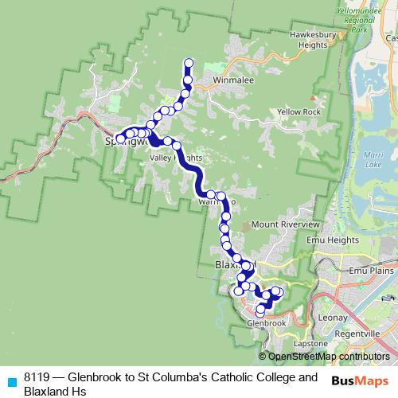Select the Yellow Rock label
[x=298, y=112]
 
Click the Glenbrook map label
[x=266, y=324]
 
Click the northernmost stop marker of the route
[x=189, y=63]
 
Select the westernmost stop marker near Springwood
[x=121, y=139]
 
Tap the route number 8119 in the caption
[x=37, y=377]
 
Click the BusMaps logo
[x=361, y=380]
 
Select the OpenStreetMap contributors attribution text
[x=328, y=356]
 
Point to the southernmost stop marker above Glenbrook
[x=260, y=309]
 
